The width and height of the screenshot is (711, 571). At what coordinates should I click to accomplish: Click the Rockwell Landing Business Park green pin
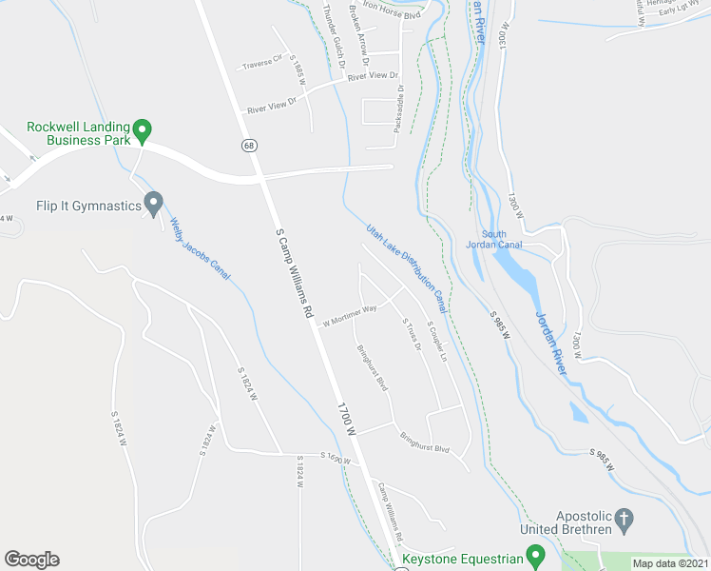pyautogui.click(x=143, y=128)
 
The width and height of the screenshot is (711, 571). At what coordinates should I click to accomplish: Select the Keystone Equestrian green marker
pyautogui.click(x=535, y=554)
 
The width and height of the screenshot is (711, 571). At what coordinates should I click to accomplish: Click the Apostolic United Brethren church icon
pyautogui.click(x=624, y=520)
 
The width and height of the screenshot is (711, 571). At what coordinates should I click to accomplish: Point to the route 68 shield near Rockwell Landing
pyautogui.click(x=248, y=145)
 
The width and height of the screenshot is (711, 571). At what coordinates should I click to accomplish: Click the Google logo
pyautogui.click(x=31, y=560)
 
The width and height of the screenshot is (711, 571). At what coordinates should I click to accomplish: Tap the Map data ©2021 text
pyautogui.click(x=670, y=563)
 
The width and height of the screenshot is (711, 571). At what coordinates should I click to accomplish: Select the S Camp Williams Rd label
pyautogui.click(x=295, y=272)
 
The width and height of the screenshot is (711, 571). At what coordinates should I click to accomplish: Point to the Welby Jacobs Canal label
pyautogui.click(x=202, y=251)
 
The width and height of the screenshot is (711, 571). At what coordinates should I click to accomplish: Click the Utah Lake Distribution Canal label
pyautogui.click(x=407, y=268)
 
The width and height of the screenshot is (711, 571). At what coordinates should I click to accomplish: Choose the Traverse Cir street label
pyautogui.click(x=262, y=64)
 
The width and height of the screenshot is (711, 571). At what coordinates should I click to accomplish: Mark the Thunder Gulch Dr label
pyautogui.click(x=332, y=31)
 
